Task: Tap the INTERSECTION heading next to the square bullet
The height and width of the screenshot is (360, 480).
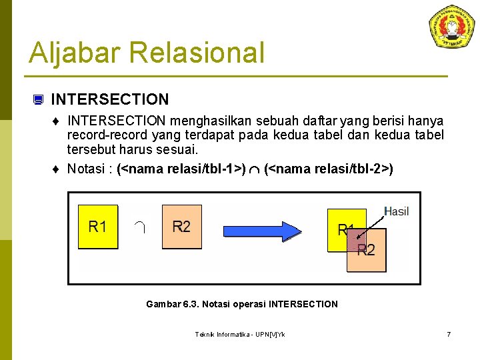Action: coord(110,100)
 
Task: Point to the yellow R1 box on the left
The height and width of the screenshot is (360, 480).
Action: coord(98,227)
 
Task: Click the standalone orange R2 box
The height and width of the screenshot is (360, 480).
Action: coord(181,227)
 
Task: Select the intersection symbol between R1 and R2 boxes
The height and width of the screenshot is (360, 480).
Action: coord(139,227)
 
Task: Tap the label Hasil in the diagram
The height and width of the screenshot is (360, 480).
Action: coord(397,211)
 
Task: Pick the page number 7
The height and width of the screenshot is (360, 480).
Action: coord(449,334)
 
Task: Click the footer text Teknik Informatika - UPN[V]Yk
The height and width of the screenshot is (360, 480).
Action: coord(240,334)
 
